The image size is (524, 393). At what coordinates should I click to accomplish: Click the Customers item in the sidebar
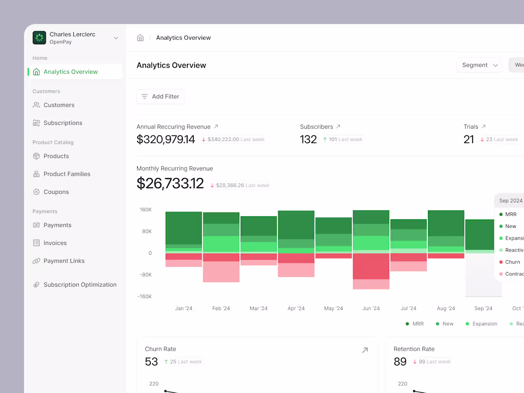pyautogui.click(x=59, y=105)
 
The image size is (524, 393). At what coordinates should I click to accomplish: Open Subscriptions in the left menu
pyautogui.click(x=62, y=123)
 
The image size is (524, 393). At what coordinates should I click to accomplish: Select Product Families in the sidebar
pyautogui.click(x=67, y=174)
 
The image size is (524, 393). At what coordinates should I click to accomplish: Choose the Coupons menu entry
pyautogui.click(x=56, y=192)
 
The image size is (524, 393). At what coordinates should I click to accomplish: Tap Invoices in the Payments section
pyautogui.click(x=55, y=243)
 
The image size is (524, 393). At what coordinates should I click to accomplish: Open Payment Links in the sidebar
pyautogui.click(x=64, y=261)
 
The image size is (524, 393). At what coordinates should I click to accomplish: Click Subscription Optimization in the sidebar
pyautogui.click(x=80, y=285)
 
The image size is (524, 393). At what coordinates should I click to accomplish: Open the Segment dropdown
pyautogui.click(x=480, y=65)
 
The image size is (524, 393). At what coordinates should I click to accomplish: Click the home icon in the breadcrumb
pyautogui.click(x=141, y=38)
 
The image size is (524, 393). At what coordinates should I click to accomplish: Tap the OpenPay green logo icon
pyautogui.click(x=40, y=38)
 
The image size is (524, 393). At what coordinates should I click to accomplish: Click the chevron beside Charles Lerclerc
pyautogui.click(x=116, y=38)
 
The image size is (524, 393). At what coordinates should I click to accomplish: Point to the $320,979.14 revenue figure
pyautogui.click(x=166, y=140)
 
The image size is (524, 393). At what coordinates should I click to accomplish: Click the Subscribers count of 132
pyautogui.click(x=308, y=140)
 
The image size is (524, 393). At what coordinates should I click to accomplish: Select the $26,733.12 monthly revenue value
pyautogui.click(x=170, y=184)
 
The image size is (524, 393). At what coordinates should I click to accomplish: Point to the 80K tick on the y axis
pyautogui.click(x=146, y=232)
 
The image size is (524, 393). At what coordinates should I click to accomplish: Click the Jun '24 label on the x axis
pyautogui.click(x=371, y=309)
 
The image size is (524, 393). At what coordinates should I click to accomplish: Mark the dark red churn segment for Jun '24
pyautogui.click(x=371, y=266)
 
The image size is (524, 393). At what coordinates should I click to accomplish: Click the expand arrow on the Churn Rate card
pyautogui.click(x=365, y=351)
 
